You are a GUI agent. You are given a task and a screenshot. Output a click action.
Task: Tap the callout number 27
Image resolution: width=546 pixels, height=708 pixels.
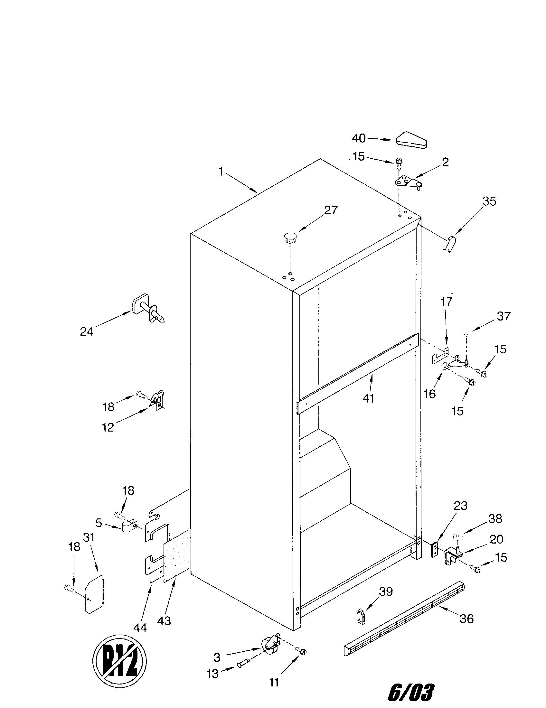point(331,210)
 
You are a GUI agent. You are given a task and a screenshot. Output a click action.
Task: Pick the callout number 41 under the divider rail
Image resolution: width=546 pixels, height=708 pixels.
point(368,398)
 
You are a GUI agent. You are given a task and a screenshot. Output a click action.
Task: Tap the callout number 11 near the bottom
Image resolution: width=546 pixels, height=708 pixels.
point(274,682)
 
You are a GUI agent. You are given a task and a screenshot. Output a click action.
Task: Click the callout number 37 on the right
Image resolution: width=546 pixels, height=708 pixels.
point(503,316)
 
